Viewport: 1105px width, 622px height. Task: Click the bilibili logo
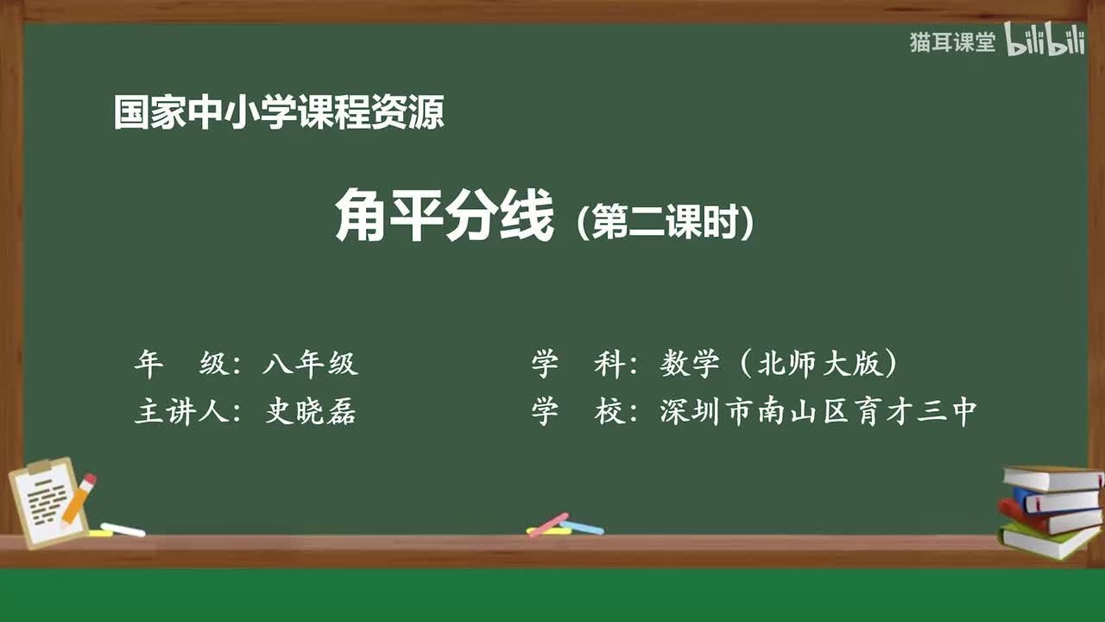[1045, 41]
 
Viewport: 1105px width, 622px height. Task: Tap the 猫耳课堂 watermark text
[952, 42]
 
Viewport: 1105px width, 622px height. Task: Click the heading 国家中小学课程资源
[279, 113]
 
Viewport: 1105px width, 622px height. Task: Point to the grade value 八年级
[310, 365]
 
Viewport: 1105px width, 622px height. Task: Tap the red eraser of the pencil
[89, 480]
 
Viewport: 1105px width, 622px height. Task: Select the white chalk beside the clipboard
[123, 530]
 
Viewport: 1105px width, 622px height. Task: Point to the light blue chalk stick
[582, 527]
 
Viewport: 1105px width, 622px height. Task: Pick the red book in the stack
[1049, 519]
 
